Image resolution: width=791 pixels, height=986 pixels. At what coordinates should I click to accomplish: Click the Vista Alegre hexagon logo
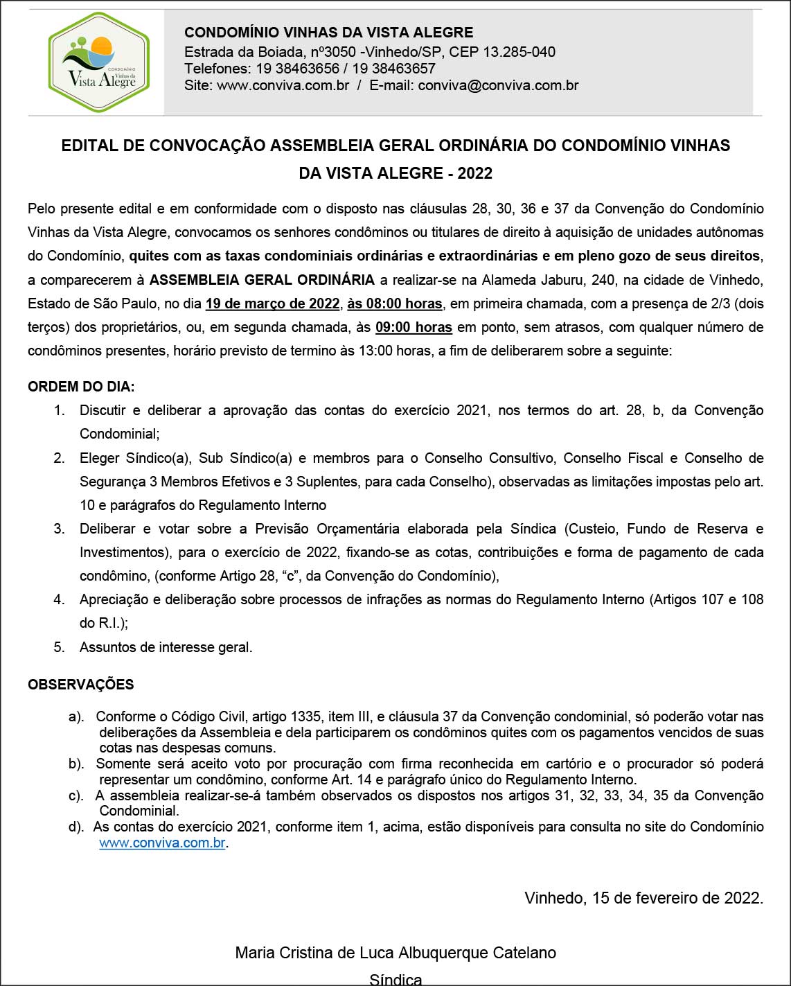99,62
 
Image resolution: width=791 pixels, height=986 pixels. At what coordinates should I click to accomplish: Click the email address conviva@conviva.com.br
498,85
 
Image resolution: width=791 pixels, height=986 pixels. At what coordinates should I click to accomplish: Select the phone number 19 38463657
393,69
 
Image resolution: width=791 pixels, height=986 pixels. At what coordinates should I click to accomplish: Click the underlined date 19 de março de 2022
272,303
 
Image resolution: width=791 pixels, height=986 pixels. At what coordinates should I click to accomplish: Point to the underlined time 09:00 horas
414,327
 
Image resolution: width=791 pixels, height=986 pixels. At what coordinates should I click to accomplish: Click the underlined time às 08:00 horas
395,303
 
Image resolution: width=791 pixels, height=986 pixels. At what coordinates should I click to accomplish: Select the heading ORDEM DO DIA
81,387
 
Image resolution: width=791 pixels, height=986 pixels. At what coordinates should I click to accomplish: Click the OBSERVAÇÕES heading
81,685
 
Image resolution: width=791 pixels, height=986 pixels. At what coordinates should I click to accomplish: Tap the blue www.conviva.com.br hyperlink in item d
162,843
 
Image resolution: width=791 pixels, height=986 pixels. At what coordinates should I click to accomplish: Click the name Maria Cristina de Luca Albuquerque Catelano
395,953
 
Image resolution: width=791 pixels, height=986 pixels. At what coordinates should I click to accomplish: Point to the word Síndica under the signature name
395,979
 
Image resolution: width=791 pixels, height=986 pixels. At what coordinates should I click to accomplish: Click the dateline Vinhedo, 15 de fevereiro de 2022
643,898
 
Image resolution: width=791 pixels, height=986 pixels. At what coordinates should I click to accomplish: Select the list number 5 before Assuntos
59,647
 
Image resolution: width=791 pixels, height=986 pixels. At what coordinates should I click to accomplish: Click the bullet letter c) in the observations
76,795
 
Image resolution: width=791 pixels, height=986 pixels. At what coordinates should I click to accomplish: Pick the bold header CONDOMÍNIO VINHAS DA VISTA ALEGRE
328,33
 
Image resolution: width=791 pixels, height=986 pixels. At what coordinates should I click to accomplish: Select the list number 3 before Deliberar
59,529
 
